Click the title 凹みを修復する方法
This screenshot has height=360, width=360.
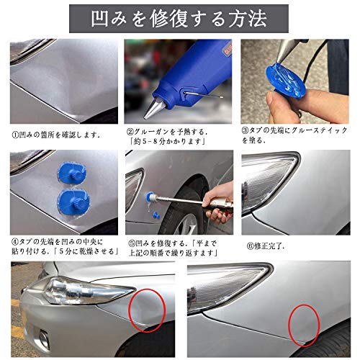click(x=179, y=19)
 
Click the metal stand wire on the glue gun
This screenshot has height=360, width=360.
click(x=203, y=94)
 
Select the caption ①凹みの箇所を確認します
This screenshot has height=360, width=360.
click(x=56, y=135)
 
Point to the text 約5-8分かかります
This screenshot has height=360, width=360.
click(x=168, y=142)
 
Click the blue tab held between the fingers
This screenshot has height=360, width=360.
click(x=286, y=78)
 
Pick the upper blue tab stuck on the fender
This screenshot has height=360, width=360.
click(x=71, y=173)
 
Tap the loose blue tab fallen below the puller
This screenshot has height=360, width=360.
click(x=156, y=215)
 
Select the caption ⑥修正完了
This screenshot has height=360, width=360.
click(x=266, y=246)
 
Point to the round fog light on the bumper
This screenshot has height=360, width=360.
click(x=44, y=339)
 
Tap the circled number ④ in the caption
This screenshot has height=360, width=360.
click(x=15, y=241)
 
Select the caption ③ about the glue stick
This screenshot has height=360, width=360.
click(x=294, y=135)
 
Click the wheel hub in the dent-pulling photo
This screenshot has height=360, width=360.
click(x=189, y=225)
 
